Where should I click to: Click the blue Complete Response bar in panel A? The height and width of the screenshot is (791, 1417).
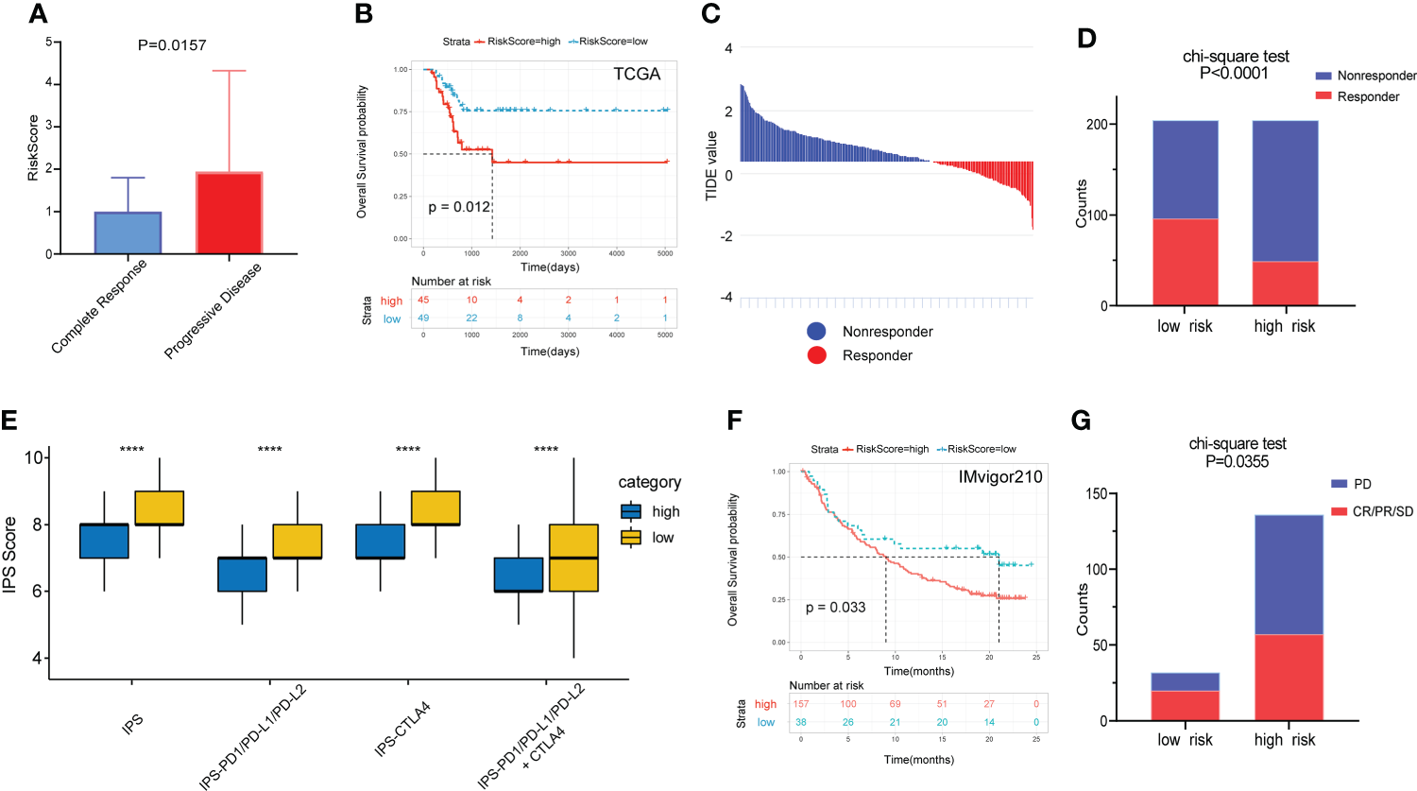(128, 233)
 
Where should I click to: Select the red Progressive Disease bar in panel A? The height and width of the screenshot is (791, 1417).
(229, 214)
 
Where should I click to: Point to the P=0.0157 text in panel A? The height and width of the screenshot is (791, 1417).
(172, 45)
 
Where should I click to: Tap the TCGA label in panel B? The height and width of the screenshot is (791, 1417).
(637, 75)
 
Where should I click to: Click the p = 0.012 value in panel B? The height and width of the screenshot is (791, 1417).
(459, 207)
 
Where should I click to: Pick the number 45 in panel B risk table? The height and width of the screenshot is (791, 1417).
(423, 301)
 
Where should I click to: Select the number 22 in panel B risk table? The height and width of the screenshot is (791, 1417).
(471, 318)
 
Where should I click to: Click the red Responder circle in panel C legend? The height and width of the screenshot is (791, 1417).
(817, 355)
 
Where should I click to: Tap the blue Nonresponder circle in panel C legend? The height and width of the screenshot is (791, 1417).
(817, 332)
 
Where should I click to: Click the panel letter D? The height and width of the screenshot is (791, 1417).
(1086, 38)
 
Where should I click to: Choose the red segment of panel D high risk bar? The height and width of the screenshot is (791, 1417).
(1285, 284)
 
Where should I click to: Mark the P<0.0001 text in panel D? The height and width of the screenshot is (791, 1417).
(1234, 74)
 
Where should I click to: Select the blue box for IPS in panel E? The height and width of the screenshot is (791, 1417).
(104, 541)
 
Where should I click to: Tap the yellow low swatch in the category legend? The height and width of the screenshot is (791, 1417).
(631, 538)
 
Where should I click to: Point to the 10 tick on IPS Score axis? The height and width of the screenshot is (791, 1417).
(34, 458)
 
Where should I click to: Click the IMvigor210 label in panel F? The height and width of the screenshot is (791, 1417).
(1000, 477)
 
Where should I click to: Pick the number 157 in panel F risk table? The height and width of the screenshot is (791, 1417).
(800, 704)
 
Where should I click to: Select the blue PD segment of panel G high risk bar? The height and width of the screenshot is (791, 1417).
(1289, 575)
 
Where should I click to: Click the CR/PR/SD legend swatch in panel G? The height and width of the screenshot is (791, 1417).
(1339, 511)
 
